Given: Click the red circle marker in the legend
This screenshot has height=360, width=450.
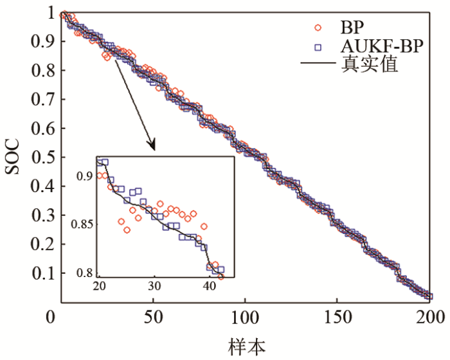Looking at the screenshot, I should coord(317,28).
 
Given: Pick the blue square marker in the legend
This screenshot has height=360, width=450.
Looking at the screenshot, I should coord(317,47).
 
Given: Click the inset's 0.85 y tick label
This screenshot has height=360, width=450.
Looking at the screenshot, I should coord(82,225).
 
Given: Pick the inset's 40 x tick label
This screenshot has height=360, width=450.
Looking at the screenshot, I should coord(209,286).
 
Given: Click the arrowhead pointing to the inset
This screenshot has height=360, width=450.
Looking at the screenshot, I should coord(153,147).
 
